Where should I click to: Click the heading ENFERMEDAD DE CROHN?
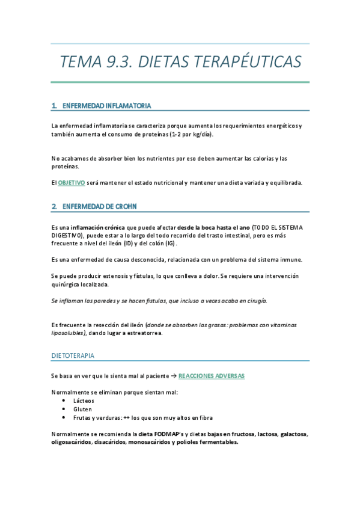pos(99,207)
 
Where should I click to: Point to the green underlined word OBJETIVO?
pos(72,182)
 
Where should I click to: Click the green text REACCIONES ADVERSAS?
pos(212,375)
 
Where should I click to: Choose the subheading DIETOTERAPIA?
pos(73,355)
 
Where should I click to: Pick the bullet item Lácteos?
pos(84,400)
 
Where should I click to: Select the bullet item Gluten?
pos(82,409)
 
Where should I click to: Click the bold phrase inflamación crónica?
pos(98,227)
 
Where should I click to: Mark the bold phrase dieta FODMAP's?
pos(161,434)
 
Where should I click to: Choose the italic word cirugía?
pos(255,300)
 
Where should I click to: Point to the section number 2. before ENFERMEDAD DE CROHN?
pos(54,207)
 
